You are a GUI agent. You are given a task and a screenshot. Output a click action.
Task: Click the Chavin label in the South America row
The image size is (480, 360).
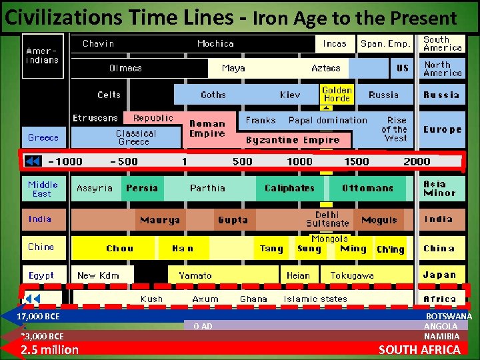(98, 44)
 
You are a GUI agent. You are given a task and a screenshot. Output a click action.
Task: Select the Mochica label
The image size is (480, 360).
(215, 44)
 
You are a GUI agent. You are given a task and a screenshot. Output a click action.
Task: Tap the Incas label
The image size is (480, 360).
(335, 44)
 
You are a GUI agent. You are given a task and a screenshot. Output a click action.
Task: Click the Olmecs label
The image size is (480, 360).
(125, 68)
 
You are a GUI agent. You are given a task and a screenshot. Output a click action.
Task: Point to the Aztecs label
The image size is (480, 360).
(326, 68)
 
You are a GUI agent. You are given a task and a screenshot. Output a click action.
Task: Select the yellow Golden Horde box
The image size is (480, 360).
(337, 94)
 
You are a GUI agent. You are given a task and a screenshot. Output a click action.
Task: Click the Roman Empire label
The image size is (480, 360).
(207, 129)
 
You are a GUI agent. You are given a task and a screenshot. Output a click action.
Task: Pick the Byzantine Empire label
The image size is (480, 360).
(293, 140)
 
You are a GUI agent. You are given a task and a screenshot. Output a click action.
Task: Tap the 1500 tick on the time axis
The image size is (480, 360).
(356, 161)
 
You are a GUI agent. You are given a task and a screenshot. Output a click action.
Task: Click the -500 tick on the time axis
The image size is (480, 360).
(123, 161)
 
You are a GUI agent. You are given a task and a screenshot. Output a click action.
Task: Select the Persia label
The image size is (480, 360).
(142, 188)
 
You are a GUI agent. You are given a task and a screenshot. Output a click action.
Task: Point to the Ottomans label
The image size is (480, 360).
(367, 188)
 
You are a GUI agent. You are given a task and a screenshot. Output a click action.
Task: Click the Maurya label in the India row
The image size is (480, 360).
(160, 220)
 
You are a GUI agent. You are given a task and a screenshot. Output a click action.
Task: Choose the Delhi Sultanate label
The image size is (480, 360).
(327, 219)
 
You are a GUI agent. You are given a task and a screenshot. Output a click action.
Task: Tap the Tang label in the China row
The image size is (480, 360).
(271, 249)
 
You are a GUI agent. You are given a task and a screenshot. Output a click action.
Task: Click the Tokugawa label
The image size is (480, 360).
(352, 275)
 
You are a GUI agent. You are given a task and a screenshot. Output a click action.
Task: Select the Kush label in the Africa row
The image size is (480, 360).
(152, 299)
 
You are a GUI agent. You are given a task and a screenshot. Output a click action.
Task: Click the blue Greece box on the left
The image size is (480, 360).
(43, 138)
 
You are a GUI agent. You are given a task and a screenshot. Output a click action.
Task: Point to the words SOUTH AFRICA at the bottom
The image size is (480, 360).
(419, 350)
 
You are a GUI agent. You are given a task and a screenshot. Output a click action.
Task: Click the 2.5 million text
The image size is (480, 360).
(49, 350)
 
